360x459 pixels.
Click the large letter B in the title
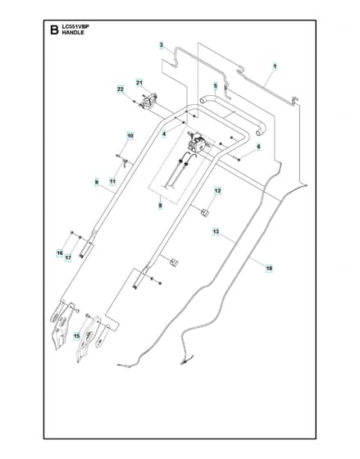pos(54,30)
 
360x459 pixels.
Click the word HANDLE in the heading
pos(73,33)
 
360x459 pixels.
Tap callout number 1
pos(275,66)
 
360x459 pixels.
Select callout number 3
pos(161,45)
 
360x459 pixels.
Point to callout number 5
pos(216,86)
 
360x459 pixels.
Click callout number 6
pos(258,147)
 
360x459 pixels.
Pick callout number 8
pos(160,206)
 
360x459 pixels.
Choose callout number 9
pos(97,182)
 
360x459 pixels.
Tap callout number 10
pos(130,136)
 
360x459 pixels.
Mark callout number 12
pos(217,191)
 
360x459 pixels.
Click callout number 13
pos(216,232)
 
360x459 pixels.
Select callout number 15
pos(77,336)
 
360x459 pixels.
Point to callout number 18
pos(269,268)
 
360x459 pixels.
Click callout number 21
pos(139,83)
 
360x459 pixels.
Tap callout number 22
pos(121,89)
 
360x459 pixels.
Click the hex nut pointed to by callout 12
pos(205,212)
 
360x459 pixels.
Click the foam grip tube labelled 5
pos(234,115)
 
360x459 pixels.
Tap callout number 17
pos(68,258)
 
